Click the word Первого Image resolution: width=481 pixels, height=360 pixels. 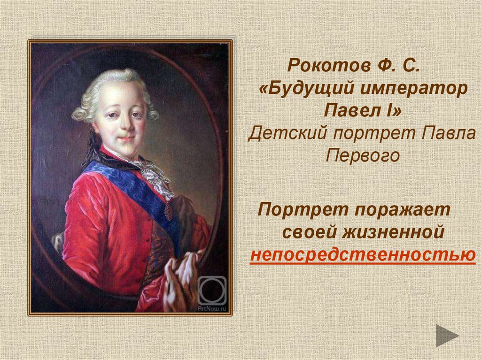362,156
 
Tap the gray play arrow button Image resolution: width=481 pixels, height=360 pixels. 446,336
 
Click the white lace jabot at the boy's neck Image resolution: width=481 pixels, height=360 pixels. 154,176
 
